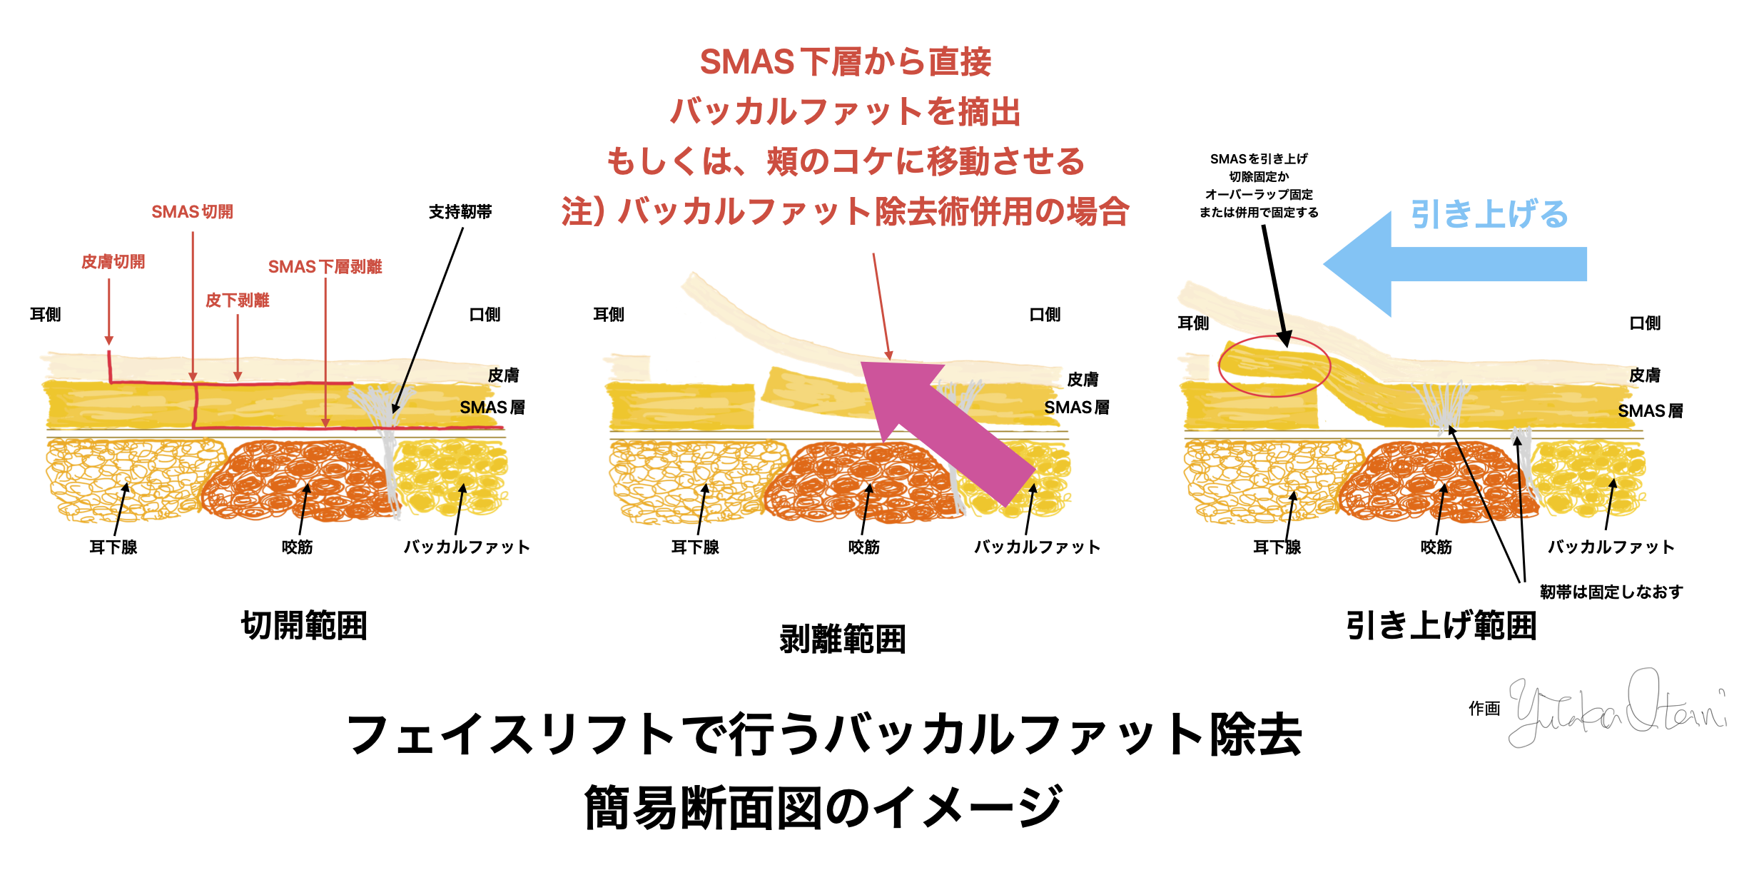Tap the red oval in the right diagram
tap(1274, 366)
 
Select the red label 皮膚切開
tap(113, 262)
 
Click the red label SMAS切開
tap(192, 212)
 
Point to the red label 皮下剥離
tap(237, 300)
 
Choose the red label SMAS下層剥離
tap(325, 267)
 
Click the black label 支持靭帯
tap(460, 212)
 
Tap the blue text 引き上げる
tap(1489, 214)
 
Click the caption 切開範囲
tap(304, 626)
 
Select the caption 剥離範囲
tap(843, 639)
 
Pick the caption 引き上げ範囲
tap(1441, 626)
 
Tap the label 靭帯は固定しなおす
tap(1611, 592)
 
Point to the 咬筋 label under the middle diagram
tap(863, 547)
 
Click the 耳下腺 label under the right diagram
tap(1277, 547)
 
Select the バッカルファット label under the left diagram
tap(467, 547)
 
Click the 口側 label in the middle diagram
tap(1045, 315)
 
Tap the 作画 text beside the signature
tap(1484, 709)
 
